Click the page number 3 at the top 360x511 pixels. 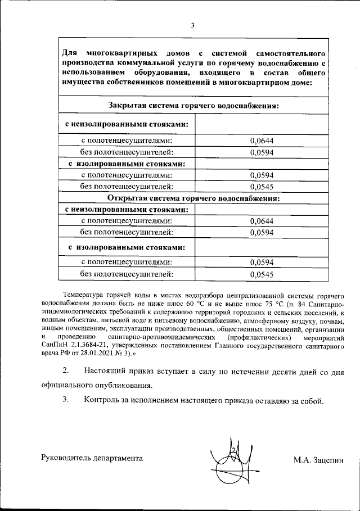192,25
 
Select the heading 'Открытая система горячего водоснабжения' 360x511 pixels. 194,198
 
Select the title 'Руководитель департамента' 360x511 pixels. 92,458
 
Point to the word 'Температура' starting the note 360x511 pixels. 84,295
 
